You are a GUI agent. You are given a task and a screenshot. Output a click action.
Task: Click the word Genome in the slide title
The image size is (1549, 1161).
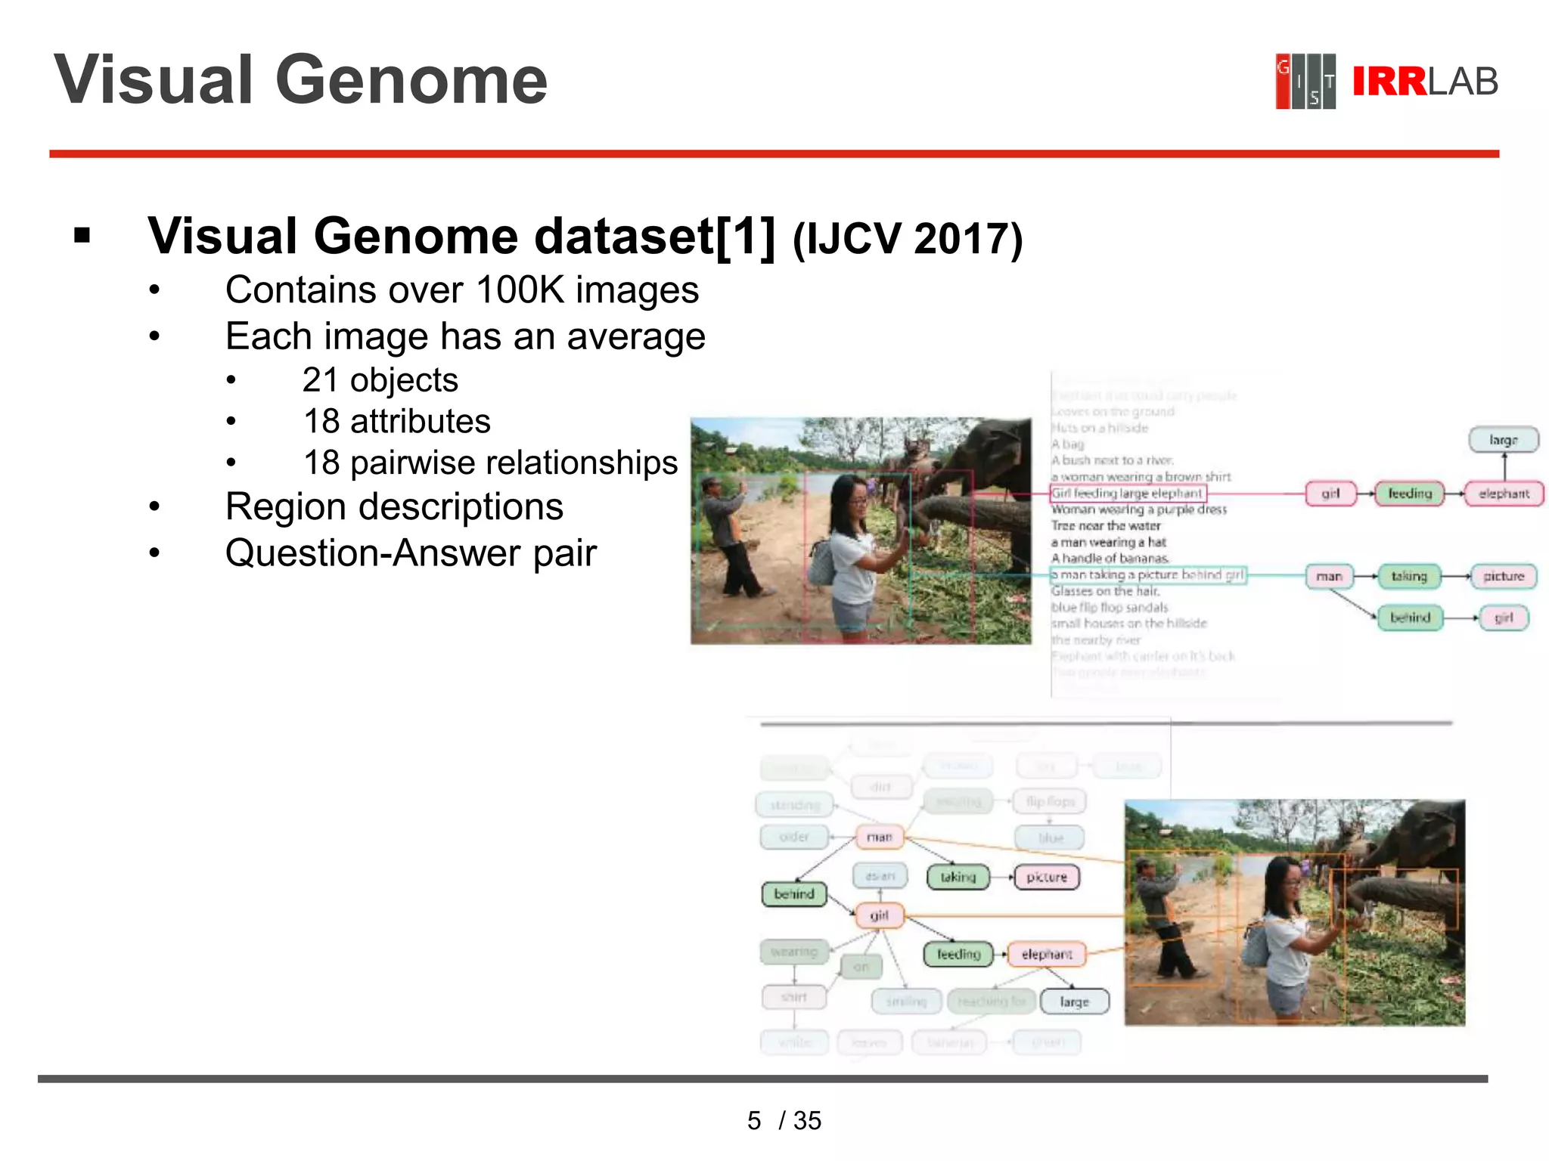point(411,80)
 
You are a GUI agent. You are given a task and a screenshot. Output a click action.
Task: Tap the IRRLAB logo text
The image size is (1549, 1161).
point(1424,82)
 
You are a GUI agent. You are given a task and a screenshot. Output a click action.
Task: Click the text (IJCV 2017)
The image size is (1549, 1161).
point(907,239)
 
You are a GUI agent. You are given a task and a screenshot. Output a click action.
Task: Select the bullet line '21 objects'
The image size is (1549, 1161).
point(380,380)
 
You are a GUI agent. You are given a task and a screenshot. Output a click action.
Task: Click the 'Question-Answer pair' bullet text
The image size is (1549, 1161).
point(411,553)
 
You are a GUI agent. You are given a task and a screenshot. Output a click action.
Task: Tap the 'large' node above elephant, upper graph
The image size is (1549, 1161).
point(1503,440)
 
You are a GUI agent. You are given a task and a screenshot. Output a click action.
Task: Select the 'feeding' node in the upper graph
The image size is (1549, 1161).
point(1409,494)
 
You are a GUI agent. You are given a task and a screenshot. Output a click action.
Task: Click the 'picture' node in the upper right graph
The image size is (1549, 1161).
point(1503,576)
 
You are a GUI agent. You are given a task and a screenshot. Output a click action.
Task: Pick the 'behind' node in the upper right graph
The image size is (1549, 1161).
point(1409,618)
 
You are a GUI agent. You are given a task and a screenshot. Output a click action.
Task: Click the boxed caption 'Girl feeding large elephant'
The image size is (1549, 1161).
point(1127,494)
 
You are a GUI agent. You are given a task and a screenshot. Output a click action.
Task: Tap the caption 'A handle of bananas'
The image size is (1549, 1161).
point(1110,559)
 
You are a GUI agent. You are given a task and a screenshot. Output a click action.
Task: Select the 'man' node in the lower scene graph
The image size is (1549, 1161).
point(879,837)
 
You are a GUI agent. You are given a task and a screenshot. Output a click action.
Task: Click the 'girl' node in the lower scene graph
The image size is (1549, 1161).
point(879,915)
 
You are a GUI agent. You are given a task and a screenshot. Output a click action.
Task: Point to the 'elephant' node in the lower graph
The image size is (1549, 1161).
point(1047,954)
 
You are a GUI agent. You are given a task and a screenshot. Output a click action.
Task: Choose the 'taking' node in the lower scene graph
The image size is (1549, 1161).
point(958,877)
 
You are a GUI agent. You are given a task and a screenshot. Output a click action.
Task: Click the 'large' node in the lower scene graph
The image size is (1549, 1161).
point(1074,1002)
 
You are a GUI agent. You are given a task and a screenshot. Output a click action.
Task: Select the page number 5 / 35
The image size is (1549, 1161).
point(784,1120)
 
